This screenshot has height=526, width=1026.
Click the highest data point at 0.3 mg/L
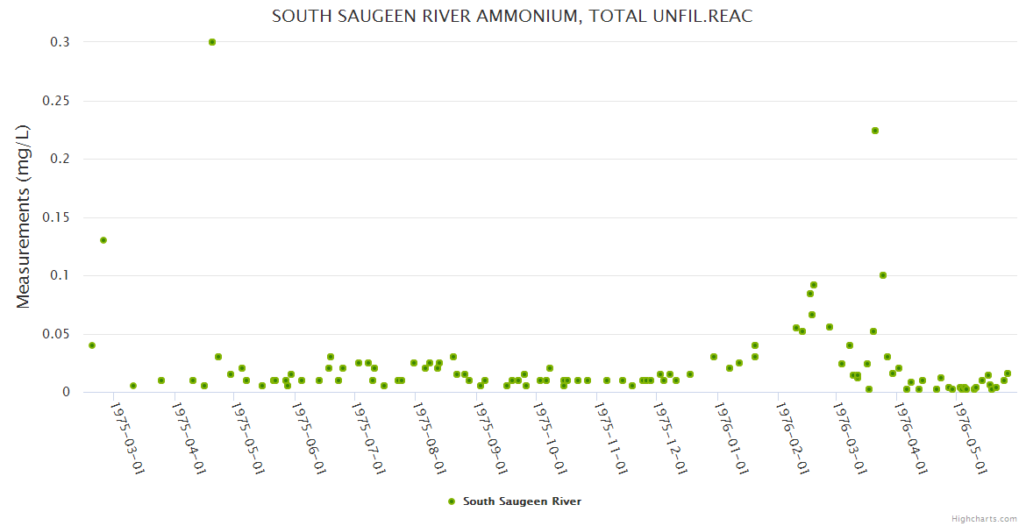point(212,42)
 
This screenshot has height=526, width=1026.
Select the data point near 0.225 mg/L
point(875,131)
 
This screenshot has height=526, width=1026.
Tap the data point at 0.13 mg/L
point(103,240)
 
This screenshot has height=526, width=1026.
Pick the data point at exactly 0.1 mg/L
point(883,275)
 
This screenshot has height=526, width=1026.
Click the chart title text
point(512,17)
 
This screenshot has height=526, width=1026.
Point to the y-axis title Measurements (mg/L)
point(24,216)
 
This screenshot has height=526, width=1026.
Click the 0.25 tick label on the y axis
point(56,101)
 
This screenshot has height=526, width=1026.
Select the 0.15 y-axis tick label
point(56,217)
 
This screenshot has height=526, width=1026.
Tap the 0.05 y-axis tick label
point(56,334)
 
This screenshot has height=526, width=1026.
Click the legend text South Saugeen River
point(522,501)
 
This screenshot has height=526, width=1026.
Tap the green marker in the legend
point(452,501)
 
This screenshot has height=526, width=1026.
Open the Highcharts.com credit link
point(984,518)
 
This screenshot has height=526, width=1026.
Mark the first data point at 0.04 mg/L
point(92,345)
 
